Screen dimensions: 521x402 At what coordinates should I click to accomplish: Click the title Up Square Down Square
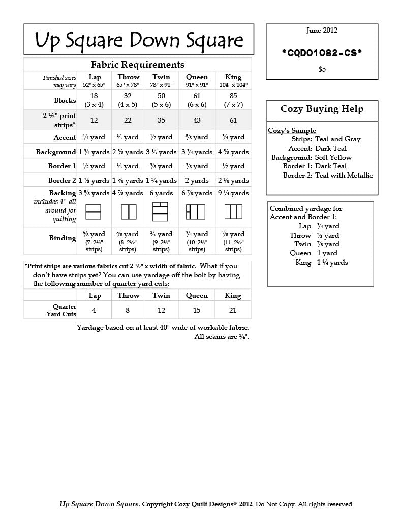click(139, 40)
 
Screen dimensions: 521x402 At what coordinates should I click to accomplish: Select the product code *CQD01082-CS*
click(322, 53)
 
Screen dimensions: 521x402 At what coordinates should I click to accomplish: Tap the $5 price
click(322, 69)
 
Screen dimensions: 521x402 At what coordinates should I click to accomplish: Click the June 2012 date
click(322, 31)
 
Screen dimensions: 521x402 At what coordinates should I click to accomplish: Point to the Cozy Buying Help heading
click(322, 109)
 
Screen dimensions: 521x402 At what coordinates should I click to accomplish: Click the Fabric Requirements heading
click(137, 65)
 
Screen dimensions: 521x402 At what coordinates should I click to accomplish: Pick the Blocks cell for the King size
click(233, 100)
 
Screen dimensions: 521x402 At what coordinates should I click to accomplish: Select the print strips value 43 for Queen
click(197, 120)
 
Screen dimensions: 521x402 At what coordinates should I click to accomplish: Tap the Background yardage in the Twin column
click(161, 152)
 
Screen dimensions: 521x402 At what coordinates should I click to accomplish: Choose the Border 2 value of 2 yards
click(197, 180)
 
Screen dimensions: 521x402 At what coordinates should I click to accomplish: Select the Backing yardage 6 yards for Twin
click(161, 193)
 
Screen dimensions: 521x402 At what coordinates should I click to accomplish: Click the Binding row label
click(63, 238)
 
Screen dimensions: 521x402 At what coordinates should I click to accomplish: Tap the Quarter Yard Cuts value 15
click(197, 310)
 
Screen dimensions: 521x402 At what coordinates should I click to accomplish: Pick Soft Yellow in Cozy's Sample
click(333, 157)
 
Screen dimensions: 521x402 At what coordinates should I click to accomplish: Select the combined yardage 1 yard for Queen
click(327, 253)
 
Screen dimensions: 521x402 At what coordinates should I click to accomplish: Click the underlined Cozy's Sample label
click(292, 131)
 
